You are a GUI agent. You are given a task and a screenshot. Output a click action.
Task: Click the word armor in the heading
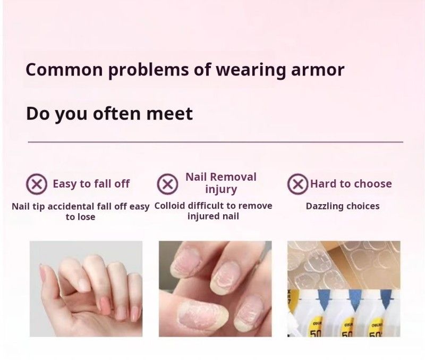(x=318, y=70)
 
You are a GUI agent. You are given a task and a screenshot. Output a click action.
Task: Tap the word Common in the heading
(x=64, y=70)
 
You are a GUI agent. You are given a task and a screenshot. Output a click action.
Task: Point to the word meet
(x=169, y=114)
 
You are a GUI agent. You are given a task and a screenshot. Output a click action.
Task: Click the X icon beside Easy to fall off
(x=37, y=184)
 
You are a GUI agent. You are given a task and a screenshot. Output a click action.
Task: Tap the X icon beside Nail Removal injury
(x=167, y=184)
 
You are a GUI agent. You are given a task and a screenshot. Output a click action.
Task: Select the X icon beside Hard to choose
(x=298, y=184)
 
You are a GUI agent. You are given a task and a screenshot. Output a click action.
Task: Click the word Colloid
(x=171, y=206)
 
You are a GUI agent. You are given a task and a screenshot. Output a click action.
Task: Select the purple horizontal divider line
(x=216, y=141)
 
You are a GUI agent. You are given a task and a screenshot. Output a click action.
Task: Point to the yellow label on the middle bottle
(x=348, y=328)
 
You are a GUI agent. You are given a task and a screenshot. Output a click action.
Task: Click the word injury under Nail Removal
(x=221, y=189)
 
